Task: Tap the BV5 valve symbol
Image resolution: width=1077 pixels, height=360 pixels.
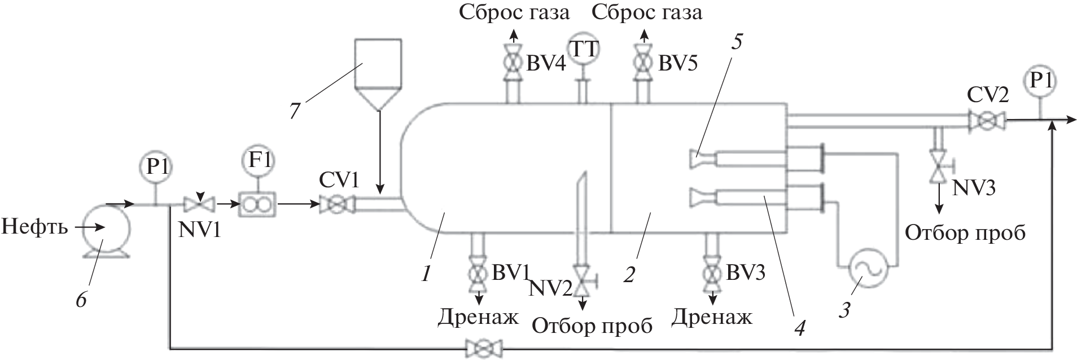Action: (642, 62)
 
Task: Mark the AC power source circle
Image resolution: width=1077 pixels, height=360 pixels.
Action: (868, 270)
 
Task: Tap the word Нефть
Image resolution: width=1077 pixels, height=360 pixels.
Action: (36, 227)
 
